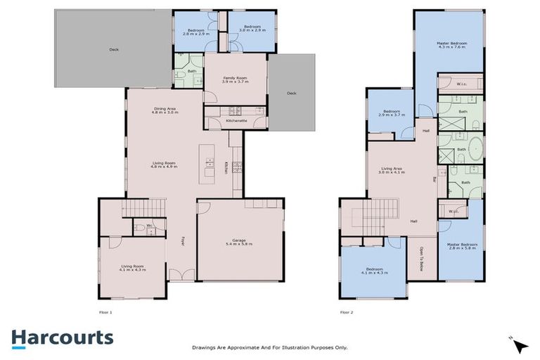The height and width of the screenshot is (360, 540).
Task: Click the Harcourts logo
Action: coord(62,337)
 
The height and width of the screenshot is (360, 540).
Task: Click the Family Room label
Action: coord(236,80)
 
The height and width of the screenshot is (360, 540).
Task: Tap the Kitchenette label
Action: coord(236,122)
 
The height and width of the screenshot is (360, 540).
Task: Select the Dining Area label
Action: coord(164,110)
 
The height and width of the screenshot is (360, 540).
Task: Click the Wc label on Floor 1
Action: coord(140,225)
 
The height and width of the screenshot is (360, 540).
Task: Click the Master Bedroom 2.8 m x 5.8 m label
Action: coord(463,247)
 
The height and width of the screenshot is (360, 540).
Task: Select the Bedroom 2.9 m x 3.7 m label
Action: coord(389,113)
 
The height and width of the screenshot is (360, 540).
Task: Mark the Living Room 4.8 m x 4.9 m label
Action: coord(164,165)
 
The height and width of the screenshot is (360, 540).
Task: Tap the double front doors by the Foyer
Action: coord(181,276)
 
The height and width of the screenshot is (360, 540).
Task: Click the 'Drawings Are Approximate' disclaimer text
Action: coord(270,347)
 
